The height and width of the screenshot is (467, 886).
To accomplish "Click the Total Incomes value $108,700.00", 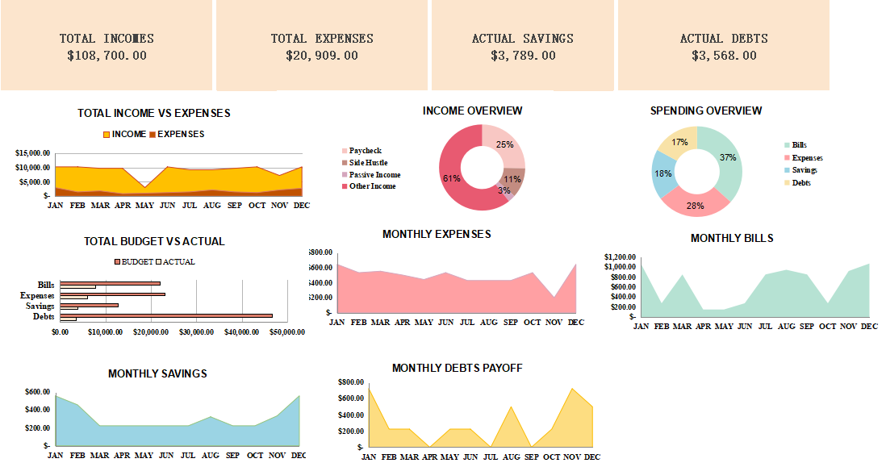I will point(107,56).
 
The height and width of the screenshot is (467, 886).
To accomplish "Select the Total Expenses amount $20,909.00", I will point(322,56).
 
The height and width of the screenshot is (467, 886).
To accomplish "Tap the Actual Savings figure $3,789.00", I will point(523,56).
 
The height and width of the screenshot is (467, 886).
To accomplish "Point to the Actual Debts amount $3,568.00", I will point(724,56).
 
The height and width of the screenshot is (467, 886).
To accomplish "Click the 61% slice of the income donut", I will point(457,177).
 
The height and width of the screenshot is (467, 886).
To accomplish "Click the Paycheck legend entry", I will point(365,151).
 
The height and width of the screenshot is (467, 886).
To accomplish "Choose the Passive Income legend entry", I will point(374,175).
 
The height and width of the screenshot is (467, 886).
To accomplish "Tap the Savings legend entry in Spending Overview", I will point(804,170).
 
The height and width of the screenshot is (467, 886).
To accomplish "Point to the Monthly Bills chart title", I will point(732,238).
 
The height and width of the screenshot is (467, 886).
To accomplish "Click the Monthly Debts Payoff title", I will point(457,368).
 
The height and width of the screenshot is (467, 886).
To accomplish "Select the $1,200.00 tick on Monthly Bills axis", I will point(619,256).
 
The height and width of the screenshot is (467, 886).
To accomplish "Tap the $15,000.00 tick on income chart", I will point(34,152).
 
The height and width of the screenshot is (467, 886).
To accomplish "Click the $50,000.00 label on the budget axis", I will point(286,331).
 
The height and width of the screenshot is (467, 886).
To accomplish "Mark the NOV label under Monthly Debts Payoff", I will point(572,457).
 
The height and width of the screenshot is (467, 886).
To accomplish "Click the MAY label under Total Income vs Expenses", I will point(144,205).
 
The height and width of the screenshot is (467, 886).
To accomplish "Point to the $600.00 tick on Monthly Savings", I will point(36,392).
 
